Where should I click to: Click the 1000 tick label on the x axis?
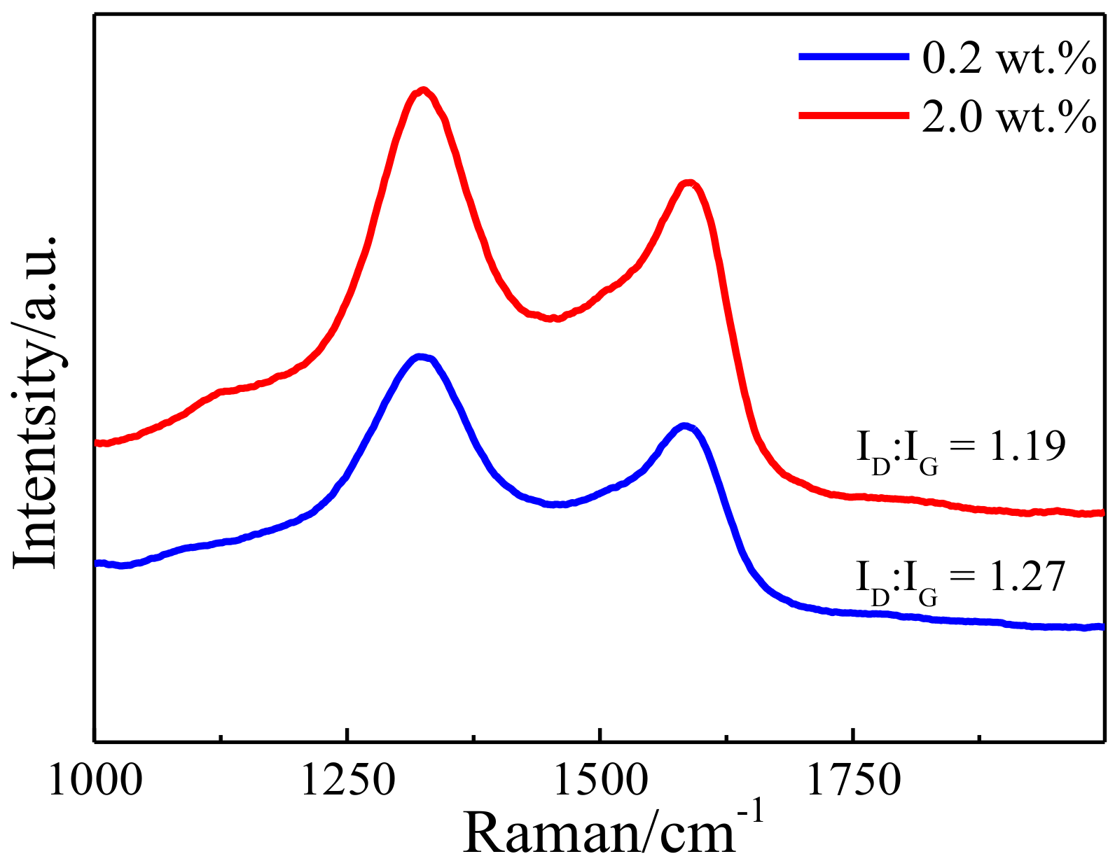pos(95,780)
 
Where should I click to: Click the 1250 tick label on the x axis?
pos(347,780)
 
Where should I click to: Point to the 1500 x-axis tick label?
pos(601,780)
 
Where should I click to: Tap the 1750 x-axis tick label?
pos(854,780)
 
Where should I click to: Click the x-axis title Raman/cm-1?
pos(613,832)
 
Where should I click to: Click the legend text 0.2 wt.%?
pos(1009,59)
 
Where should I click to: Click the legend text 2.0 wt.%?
pos(1009,116)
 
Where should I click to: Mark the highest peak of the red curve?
pos(423,90)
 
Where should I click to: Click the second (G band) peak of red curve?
pos(690,183)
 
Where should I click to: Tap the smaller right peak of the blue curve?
pos(684,426)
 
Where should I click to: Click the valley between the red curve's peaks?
pos(553,318)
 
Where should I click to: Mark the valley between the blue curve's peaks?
pos(557,504)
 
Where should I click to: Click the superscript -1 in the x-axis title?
pos(751,813)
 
